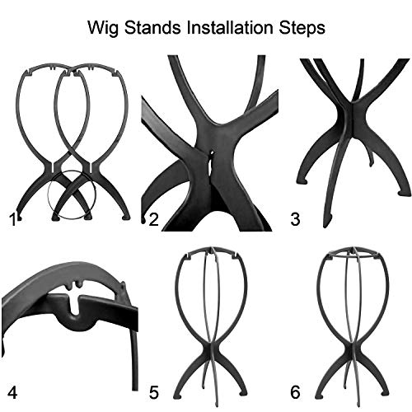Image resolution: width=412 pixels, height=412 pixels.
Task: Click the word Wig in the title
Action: [x=103, y=28]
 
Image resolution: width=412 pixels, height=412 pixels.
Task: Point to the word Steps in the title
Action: [x=302, y=28]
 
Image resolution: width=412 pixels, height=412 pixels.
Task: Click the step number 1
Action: [x=12, y=220]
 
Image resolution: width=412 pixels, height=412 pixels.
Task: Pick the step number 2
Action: [x=154, y=220]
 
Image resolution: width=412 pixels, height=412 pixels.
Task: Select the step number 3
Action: [x=295, y=220]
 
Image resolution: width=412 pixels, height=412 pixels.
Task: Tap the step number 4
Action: [x=12, y=392]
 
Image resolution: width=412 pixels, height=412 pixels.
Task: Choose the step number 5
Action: [x=154, y=392]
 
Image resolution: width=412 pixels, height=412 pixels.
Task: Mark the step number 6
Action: [x=295, y=392]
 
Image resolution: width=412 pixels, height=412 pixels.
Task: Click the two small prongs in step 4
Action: [x=73, y=284]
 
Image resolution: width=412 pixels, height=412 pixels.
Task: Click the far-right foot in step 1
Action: [x=126, y=217]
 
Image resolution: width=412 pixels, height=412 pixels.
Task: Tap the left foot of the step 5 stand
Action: [x=177, y=396]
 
